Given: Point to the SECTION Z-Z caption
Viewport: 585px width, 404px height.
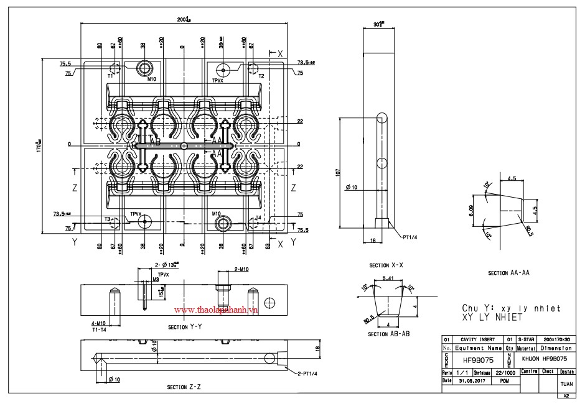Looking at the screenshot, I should pos(185,387).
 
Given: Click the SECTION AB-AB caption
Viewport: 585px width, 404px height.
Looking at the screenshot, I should pos(389,334).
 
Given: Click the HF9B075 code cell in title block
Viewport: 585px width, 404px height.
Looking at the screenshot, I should pos(477,359).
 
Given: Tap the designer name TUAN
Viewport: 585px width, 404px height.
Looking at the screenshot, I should pos(566,384).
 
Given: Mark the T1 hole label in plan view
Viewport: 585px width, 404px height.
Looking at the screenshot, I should pos(110,75).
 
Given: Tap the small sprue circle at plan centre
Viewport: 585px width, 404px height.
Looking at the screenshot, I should pos(183,145).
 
